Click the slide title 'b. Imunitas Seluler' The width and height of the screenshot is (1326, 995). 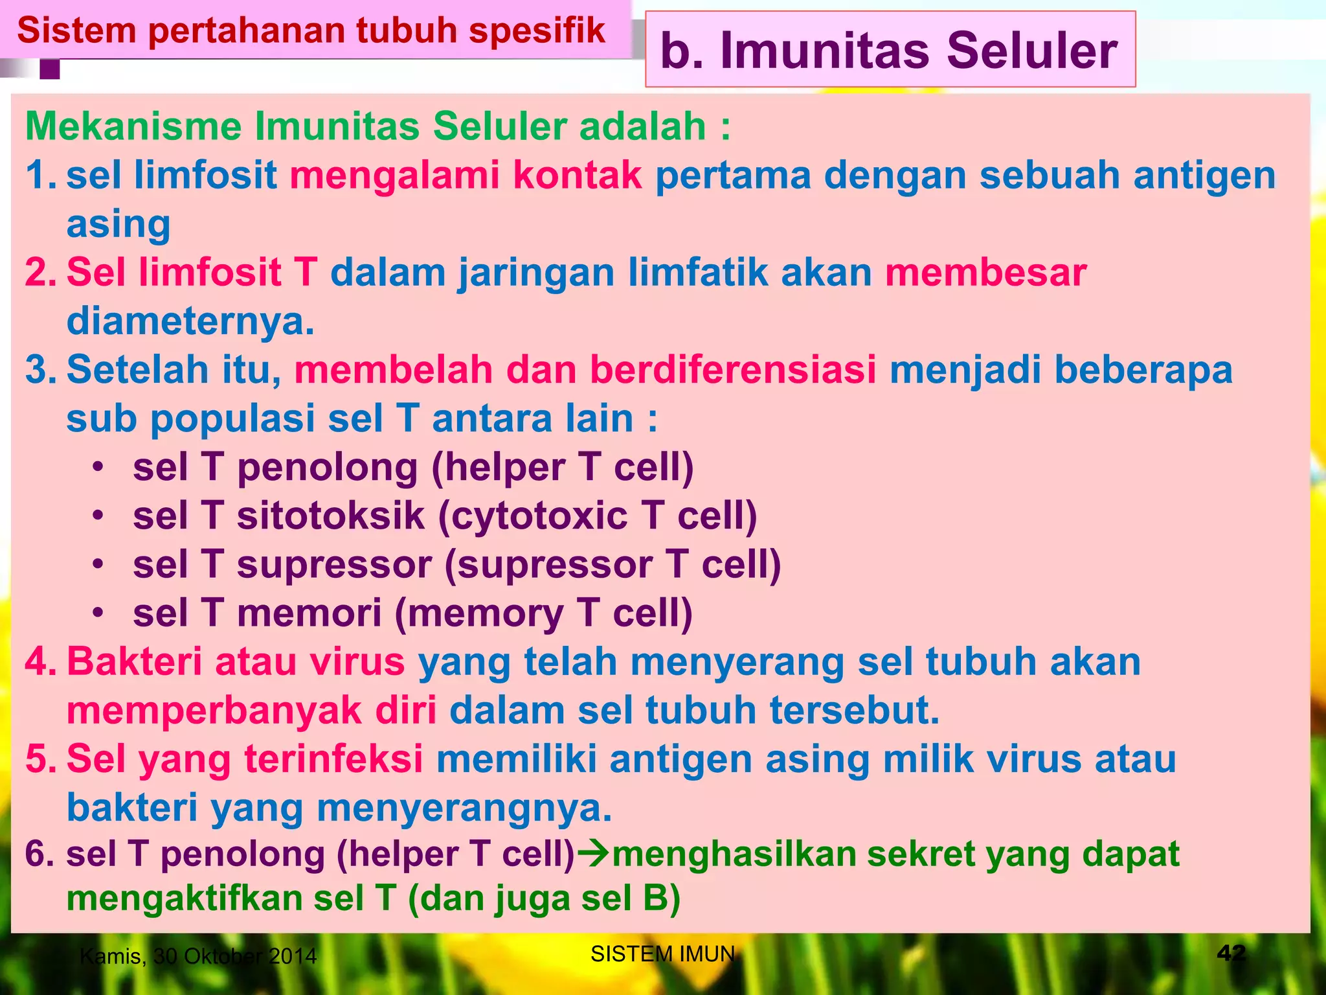888,51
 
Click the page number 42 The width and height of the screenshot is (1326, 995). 1231,953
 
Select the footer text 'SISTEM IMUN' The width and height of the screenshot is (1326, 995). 662,954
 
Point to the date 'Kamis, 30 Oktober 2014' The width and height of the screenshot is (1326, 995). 198,956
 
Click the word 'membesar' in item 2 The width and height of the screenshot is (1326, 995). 985,272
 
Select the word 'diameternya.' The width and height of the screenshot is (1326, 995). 190,321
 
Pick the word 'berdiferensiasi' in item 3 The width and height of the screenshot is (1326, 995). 733,369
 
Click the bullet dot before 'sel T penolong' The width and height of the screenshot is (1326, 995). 98,467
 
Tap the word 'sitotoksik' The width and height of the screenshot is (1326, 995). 330,516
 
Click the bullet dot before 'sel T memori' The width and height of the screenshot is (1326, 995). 98,613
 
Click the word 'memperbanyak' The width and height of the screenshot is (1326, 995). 214,710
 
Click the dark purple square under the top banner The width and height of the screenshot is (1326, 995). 50,69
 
